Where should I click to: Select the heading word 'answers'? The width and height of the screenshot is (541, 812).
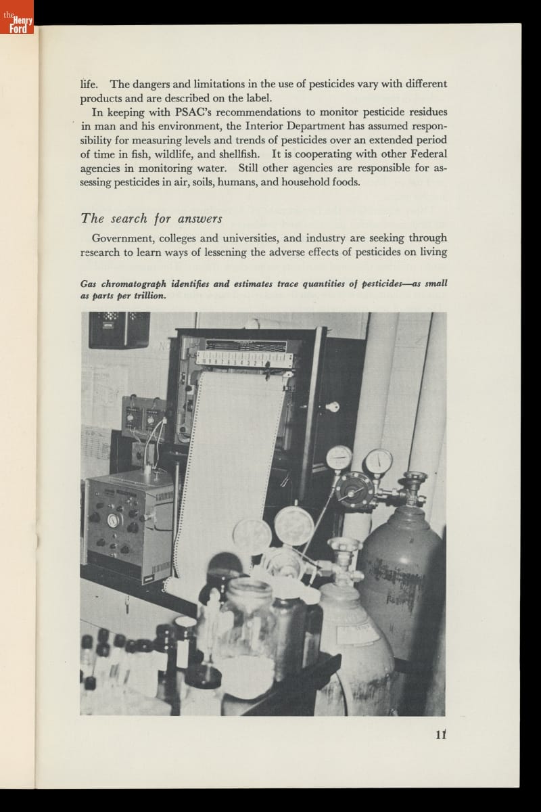coord(200,218)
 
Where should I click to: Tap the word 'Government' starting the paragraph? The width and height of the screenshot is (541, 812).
coord(124,238)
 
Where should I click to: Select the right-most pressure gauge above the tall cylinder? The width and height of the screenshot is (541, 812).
coord(379,462)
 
